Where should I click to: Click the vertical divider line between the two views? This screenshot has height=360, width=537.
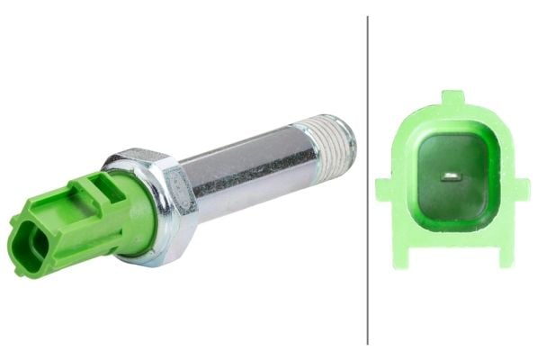click(x=368, y=180)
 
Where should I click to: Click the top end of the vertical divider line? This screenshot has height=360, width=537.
click(x=368, y=18)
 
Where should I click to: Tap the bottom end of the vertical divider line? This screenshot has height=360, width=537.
click(x=368, y=343)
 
